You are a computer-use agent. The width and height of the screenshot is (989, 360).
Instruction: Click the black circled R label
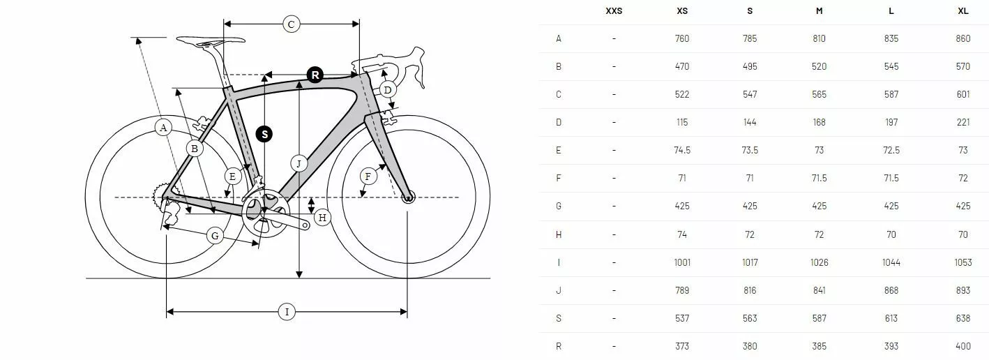315,75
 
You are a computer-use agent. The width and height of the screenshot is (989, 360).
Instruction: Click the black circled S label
264,134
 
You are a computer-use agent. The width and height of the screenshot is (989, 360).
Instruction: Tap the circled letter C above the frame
292,24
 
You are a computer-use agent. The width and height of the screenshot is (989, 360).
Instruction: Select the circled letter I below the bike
287,312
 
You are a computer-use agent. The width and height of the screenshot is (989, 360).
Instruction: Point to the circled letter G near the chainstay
215,236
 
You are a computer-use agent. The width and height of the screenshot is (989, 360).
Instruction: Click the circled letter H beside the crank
322,218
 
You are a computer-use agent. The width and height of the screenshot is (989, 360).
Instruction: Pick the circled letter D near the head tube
388,90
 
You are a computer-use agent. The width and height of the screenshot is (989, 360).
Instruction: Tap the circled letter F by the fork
368,176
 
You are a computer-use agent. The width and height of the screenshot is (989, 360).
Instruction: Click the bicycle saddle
210,41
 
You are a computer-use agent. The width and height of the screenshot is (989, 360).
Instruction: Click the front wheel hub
408,197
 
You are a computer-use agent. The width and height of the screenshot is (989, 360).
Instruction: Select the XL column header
962,10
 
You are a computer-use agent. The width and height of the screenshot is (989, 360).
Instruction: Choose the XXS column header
614,10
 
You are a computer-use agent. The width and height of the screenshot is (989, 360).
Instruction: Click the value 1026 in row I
819,262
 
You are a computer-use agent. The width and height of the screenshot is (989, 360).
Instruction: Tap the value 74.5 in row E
682,150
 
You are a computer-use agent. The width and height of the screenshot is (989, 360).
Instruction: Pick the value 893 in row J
962,290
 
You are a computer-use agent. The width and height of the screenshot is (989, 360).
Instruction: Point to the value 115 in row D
682,122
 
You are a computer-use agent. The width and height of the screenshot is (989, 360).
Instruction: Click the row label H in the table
559,234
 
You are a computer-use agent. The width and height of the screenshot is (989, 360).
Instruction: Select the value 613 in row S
891,318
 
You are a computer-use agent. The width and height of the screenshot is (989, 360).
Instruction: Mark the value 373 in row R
682,346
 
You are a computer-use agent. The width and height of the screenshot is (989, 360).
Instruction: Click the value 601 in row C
962,94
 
